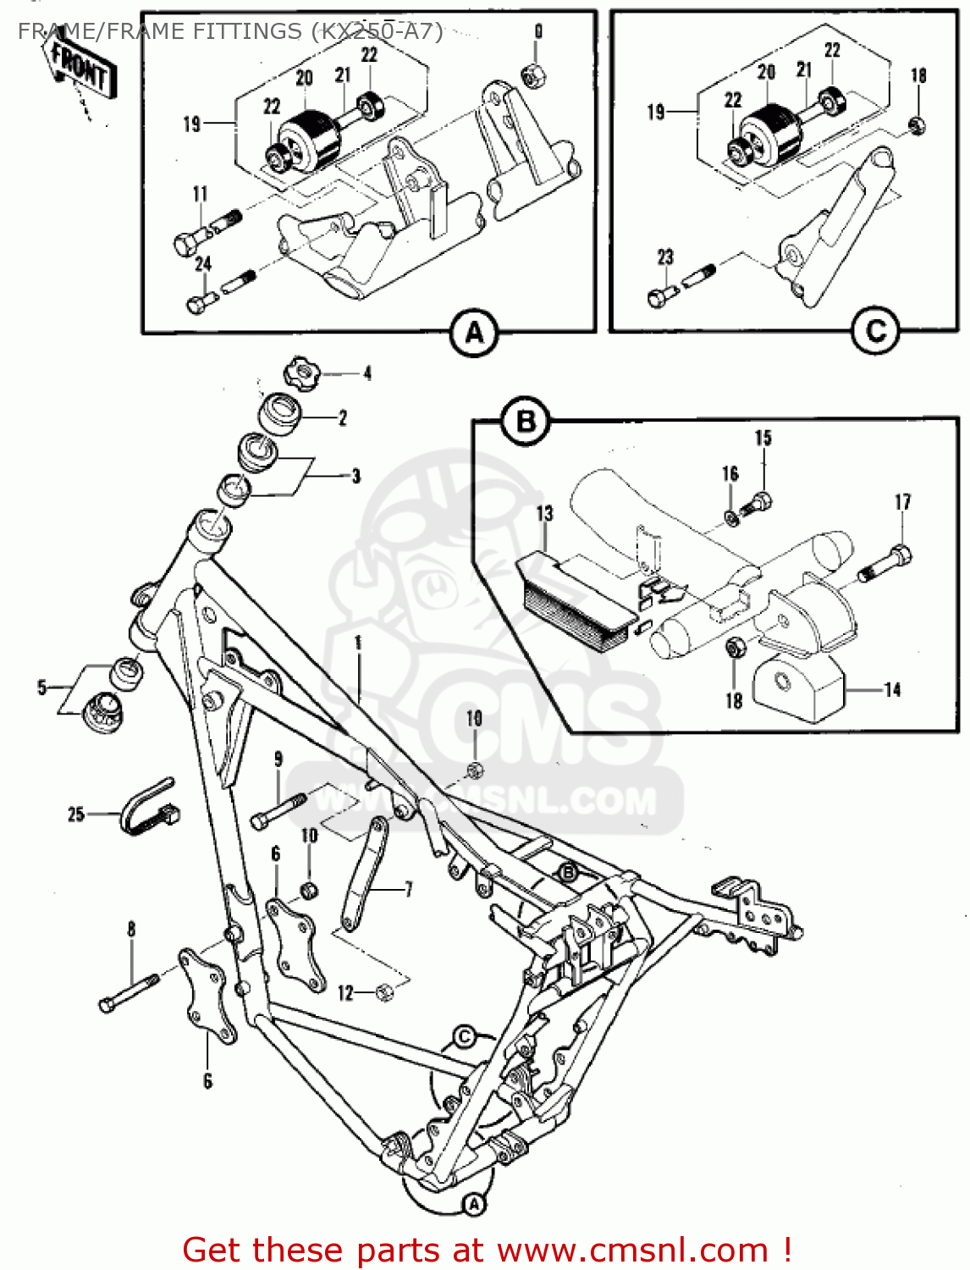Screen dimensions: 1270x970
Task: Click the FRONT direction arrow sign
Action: click(x=80, y=68)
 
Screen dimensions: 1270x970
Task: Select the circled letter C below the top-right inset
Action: click(x=875, y=331)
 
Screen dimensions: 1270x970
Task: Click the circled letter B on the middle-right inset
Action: click(x=526, y=421)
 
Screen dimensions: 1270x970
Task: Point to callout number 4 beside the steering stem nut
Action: click(x=367, y=373)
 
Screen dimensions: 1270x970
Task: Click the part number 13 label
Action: click(x=544, y=513)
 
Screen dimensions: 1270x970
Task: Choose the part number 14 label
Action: click(x=892, y=690)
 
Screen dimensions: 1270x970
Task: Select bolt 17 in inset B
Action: click(x=886, y=563)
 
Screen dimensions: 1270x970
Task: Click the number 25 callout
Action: click(x=76, y=814)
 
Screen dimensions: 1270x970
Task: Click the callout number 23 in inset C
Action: click(x=665, y=257)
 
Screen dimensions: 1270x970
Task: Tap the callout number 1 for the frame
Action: click(x=358, y=643)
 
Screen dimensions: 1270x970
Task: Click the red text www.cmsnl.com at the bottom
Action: click(x=631, y=1250)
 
